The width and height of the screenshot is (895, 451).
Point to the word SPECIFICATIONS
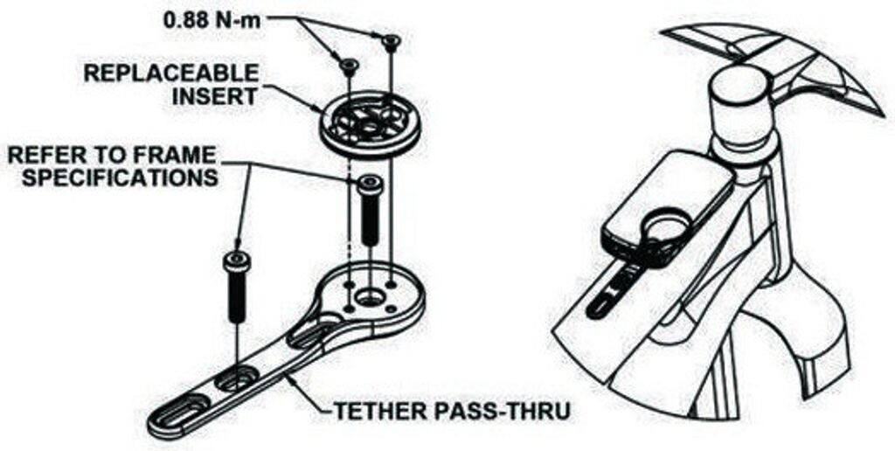tap(112, 177)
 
